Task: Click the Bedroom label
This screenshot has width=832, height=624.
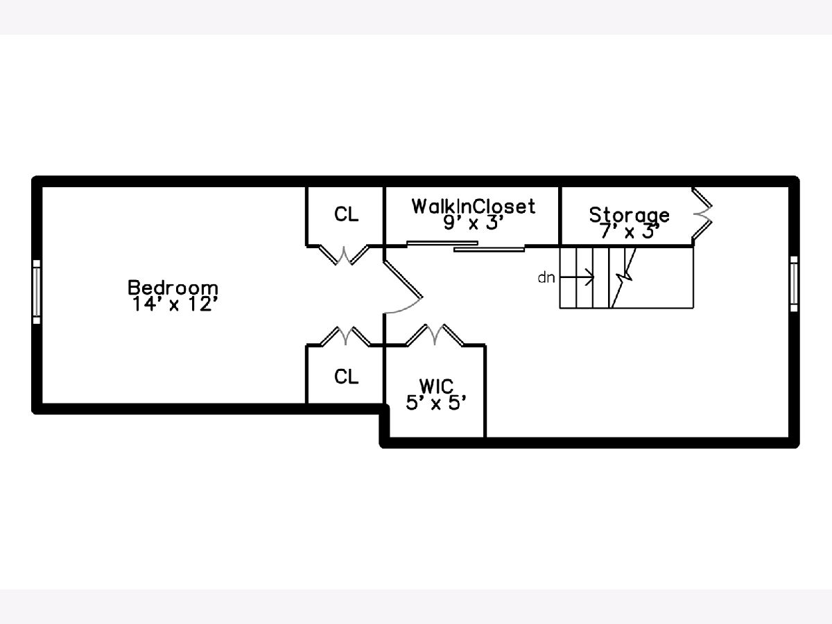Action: coord(173,288)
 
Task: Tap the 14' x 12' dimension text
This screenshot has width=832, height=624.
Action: coord(175,304)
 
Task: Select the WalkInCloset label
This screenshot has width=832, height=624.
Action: coord(474,207)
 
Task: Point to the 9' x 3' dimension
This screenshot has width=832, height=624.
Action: coord(473,223)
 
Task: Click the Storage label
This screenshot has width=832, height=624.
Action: coord(630,215)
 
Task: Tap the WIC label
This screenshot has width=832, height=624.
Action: coord(436,386)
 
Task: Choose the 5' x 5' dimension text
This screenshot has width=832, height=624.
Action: coord(436,403)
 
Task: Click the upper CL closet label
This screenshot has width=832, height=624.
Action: coord(346,214)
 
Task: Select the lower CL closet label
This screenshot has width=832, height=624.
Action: coord(346,376)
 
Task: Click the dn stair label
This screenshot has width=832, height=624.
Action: coord(546,278)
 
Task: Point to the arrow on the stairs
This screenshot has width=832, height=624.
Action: coord(577,277)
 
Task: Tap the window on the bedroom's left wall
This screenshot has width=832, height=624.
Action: coord(37,292)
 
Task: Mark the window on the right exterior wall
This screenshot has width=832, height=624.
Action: coord(794,284)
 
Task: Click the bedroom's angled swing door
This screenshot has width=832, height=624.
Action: coord(403,287)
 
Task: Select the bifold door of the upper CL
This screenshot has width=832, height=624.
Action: coord(344,255)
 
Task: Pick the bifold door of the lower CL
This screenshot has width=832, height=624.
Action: coord(346,336)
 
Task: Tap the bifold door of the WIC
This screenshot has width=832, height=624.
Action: coord(435,335)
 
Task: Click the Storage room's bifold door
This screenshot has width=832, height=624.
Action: coord(702,214)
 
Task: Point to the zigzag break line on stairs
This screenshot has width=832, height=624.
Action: coord(623,278)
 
